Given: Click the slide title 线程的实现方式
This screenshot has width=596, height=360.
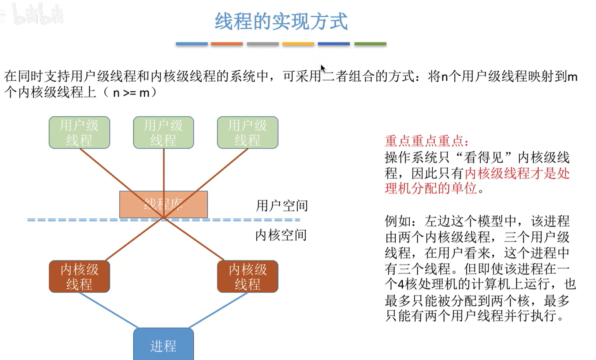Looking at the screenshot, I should coord(281,21).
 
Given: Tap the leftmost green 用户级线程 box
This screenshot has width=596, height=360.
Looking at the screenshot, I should coord(79,133).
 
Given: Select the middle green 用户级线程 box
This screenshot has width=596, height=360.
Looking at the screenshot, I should coord(163,133).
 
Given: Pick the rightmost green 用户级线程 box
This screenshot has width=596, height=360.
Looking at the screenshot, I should coord(247,133).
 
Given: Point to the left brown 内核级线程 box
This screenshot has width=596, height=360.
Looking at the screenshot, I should coord(79,277).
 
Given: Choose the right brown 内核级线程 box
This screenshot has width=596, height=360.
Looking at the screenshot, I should coord(247,277).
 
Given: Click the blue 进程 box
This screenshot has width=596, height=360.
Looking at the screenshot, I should coord(163,345).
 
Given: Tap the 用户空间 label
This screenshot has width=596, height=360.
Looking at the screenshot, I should coord(282,206).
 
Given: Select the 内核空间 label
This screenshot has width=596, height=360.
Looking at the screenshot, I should coord(281,235).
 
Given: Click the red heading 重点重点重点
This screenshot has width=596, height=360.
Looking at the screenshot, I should coord(426,141).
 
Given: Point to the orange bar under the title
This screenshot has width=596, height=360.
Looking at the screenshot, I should coord(227,44).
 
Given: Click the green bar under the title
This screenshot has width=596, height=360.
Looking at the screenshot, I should coord(370,44).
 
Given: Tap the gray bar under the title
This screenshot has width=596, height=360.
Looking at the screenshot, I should coord(262,44).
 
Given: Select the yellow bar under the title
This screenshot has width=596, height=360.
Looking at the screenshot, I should coord(298,44).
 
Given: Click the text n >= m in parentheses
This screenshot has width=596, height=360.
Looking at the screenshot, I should coord(131,93).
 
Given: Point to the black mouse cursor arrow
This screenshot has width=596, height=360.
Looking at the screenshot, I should coord(323,68).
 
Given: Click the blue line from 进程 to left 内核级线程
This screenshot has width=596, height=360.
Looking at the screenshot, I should coord(108,310).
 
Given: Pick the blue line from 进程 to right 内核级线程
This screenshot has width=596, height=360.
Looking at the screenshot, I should coord(219,310).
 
